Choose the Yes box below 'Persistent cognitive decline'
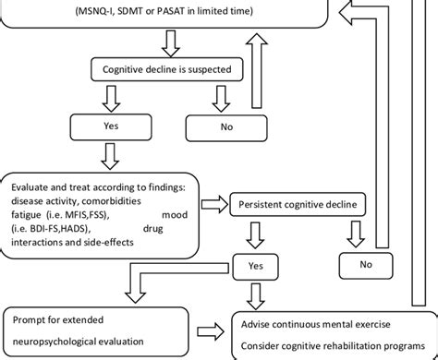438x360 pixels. [255, 266]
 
